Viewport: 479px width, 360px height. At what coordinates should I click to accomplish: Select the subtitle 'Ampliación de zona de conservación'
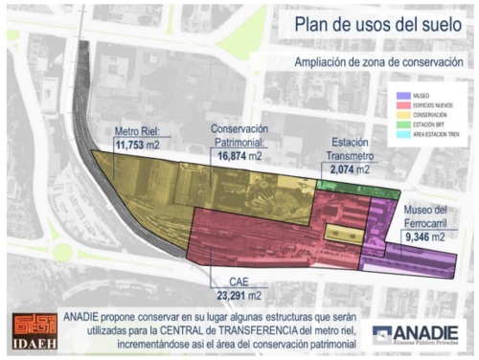click(381, 63)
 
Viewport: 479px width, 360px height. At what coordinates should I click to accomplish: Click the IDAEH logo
click(33, 328)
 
